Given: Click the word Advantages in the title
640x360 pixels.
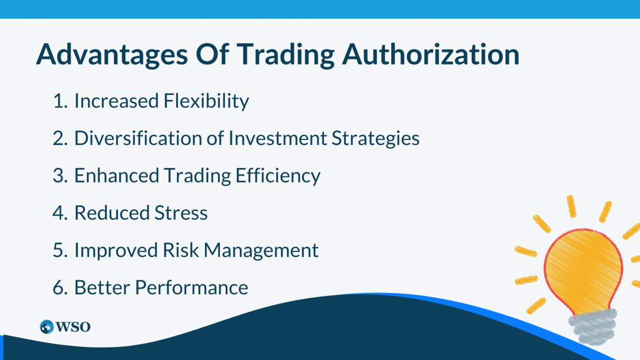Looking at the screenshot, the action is (x=112, y=54).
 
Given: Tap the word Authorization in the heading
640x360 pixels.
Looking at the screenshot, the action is (x=431, y=54).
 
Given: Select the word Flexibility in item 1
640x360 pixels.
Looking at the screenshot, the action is (x=206, y=101).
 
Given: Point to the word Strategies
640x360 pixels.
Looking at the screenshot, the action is (x=376, y=139).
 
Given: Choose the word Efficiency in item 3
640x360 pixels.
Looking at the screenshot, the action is (x=278, y=176).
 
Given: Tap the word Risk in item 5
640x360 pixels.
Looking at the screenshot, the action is (x=181, y=250).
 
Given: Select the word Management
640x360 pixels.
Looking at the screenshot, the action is (x=261, y=250).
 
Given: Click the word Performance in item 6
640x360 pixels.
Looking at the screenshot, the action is (x=191, y=288).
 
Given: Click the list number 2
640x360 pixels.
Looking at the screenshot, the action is (x=60, y=138).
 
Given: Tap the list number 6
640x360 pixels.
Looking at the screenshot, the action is (x=60, y=288).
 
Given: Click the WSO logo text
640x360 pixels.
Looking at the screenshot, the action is (x=72, y=327).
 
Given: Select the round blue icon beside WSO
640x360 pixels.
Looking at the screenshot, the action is (x=47, y=327).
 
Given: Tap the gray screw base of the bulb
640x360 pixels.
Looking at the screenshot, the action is (x=593, y=326).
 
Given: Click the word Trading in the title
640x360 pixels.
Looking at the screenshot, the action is (x=286, y=54).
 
